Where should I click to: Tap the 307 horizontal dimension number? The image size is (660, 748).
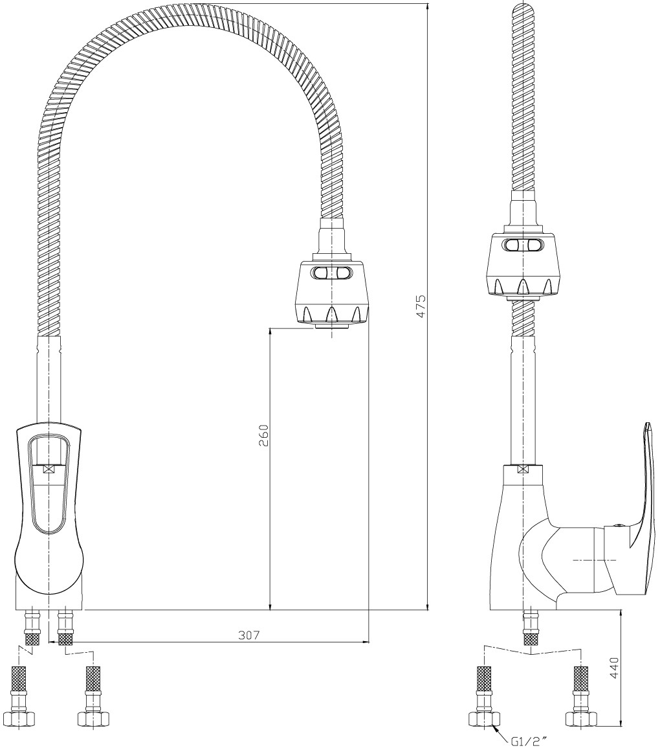249,635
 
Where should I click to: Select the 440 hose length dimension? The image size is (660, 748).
613,668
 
